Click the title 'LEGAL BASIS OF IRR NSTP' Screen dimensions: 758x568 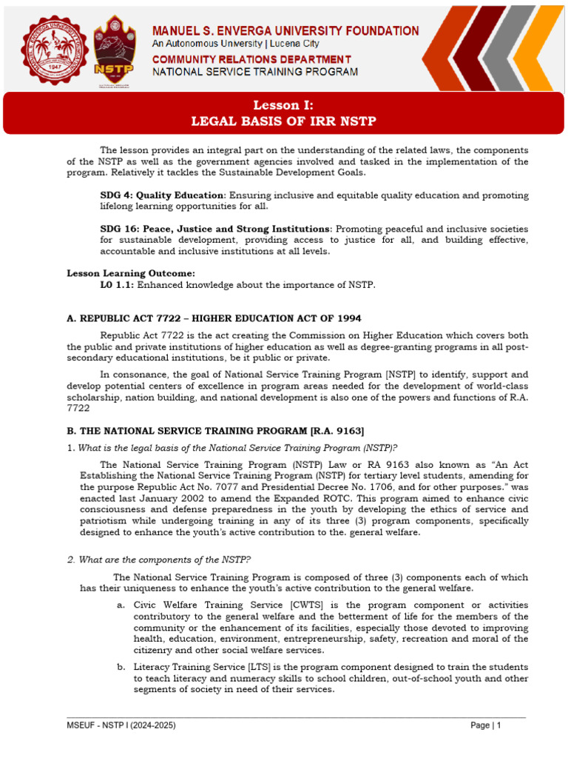click(x=284, y=121)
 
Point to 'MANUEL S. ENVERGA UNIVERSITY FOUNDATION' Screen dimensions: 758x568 click(x=285, y=31)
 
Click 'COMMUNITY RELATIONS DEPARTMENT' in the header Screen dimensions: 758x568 click(x=251, y=59)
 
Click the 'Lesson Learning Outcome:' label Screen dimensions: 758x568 click(x=131, y=274)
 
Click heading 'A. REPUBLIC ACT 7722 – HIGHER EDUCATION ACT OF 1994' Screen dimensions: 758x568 click(x=214, y=318)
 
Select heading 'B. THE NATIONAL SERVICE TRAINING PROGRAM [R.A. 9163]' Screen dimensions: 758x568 click(x=215, y=431)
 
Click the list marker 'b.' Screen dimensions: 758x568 click(x=121, y=667)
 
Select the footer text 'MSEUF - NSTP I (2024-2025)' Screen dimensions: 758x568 click(x=121, y=726)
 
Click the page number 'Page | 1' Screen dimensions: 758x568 click(x=486, y=726)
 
